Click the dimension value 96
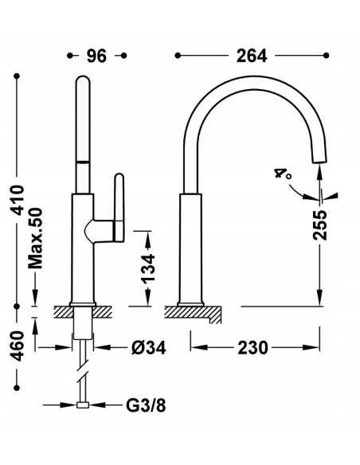coord(96,56)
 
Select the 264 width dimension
coord(252,56)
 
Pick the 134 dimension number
coord(147,268)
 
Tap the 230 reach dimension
coord(252,347)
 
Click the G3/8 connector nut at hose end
coord(82,404)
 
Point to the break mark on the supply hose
coord(82,371)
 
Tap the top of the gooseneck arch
coord(253,84)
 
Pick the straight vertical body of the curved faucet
coord(190,247)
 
